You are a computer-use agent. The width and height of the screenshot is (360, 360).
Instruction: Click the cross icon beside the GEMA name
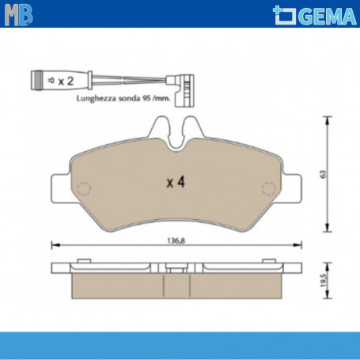[282, 13]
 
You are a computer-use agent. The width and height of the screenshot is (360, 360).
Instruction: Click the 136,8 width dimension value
[176, 239]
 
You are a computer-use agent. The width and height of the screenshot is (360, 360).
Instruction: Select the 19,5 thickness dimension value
[323, 279]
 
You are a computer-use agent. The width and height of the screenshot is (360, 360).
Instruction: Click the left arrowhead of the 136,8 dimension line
[53, 244]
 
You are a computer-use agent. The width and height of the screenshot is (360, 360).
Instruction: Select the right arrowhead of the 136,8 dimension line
[300, 244]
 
